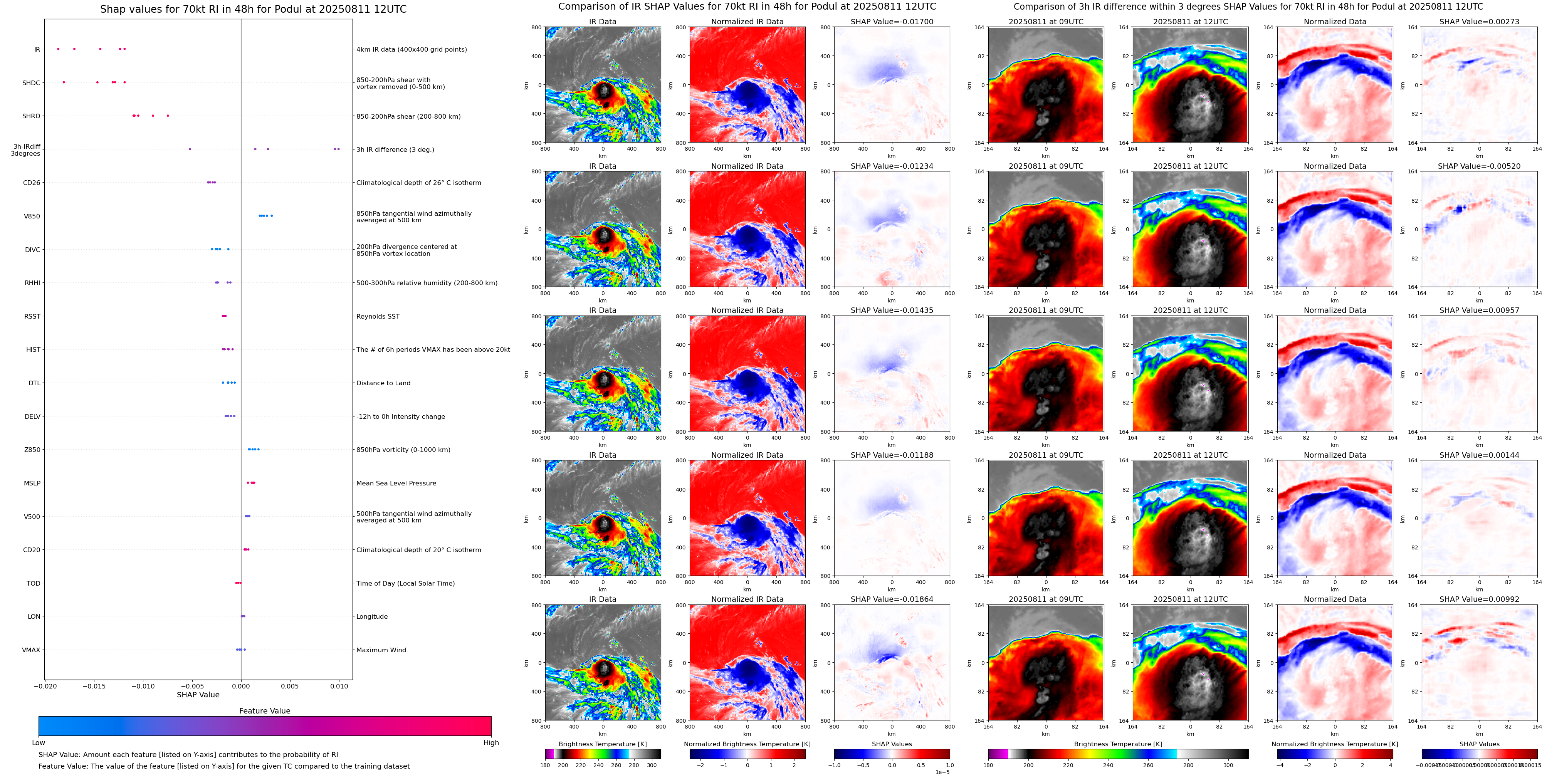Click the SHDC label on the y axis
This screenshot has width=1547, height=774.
click(x=31, y=83)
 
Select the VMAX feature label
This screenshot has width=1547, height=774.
click(x=31, y=650)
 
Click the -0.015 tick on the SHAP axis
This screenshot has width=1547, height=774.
click(x=93, y=686)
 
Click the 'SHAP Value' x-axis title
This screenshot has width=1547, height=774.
click(x=198, y=695)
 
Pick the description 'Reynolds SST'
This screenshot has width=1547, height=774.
click(x=378, y=316)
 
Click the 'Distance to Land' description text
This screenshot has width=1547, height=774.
click(x=383, y=383)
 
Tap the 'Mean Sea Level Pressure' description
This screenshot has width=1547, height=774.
click(x=396, y=484)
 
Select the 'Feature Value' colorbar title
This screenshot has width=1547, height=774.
click(x=265, y=711)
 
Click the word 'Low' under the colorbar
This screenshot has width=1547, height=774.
click(x=39, y=743)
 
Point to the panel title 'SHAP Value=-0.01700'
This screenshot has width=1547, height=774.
click(x=892, y=22)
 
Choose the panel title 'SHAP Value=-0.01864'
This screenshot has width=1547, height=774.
click(x=892, y=599)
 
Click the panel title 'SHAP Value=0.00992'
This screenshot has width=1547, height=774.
click(x=1479, y=599)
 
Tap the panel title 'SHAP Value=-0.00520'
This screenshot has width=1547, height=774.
click(x=1479, y=166)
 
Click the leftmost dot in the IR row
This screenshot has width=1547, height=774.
click(x=58, y=49)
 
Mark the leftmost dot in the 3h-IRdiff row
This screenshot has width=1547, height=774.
click(x=190, y=149)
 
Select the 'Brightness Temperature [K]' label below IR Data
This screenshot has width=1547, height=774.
click(x=602, y=744)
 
